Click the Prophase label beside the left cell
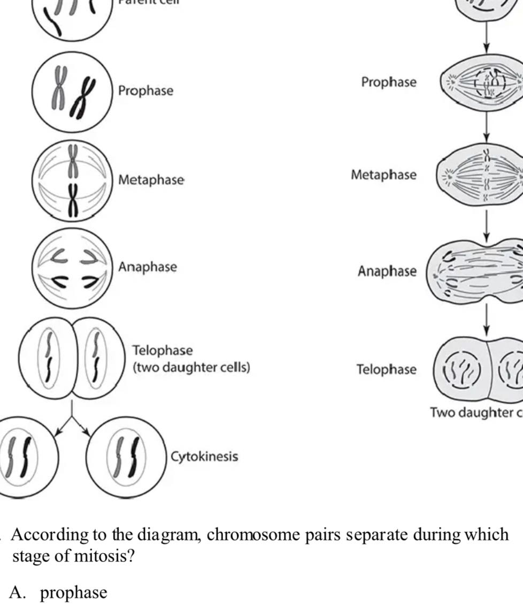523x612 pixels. pos(145,90)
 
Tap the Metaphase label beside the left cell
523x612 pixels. pos(151,180)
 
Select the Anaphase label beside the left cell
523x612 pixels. pos(148,267)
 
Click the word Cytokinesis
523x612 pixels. pos(204,457)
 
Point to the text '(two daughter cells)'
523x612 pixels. pos(191,368)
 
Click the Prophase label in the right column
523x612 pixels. pos(388,82)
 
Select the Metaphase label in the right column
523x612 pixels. pos(383,175)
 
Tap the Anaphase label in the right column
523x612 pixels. pos(387,271)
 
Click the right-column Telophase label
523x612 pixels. pos(386,369)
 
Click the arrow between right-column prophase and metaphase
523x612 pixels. pos(486,127)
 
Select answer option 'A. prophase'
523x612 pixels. pos(59,593)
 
